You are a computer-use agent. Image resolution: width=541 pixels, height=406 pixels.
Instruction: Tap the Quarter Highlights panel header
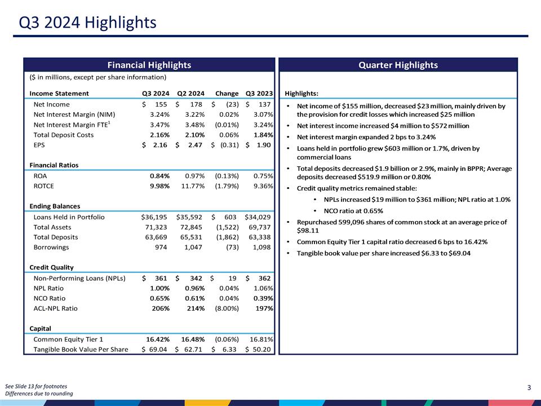[x=398, y=65]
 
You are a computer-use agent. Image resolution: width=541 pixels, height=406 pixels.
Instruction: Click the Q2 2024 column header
[x=190, y=94]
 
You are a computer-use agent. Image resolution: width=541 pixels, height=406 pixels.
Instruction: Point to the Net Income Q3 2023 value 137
[x=264, y=104]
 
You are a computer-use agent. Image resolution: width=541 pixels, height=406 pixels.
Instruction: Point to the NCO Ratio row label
[x=50, y=298]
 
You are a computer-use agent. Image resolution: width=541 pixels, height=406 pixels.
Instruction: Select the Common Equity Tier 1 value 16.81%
[x=261, y=339]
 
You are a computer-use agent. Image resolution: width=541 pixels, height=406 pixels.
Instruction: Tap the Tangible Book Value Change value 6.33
[x=233, y=350]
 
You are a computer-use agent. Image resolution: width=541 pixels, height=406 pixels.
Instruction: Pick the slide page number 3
[x=529, y=387]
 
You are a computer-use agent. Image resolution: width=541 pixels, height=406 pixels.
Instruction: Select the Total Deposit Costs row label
[x=64, y=135]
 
